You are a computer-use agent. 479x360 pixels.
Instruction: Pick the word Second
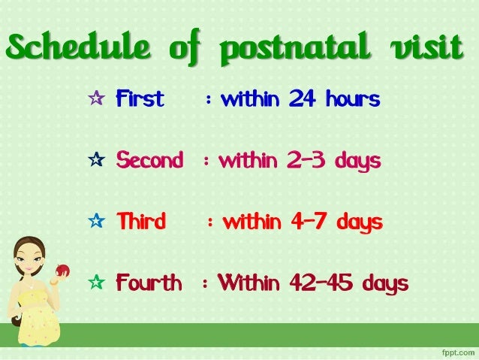[x=149, y=161]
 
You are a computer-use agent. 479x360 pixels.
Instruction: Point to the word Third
[x=140, y=222]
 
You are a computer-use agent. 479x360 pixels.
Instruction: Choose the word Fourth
[x=149, y=283]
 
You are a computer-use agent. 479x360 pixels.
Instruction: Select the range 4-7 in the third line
[x=310, y=222]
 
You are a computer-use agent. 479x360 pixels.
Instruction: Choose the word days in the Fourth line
[x=385, y=284]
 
